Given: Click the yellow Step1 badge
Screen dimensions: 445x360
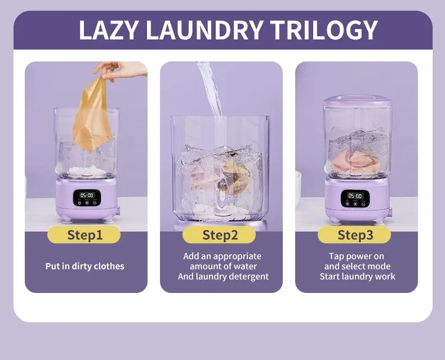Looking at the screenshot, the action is (84, 235).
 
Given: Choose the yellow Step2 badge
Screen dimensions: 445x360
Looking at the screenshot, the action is (219, 235).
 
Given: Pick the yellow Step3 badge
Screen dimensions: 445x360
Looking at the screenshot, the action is (354, 235).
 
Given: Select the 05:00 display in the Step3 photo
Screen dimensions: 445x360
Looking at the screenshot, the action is (355, 196).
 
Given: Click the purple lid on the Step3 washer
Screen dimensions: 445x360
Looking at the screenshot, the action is (357, 100).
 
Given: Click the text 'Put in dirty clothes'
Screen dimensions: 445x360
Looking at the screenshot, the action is (85, 266).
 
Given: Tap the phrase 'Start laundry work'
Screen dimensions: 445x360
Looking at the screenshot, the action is (357, 277).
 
